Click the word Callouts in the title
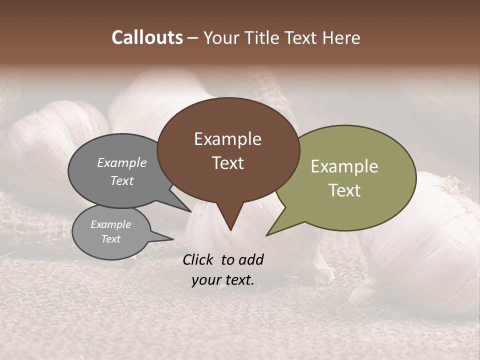[x=147, y=37]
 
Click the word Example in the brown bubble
[x=227, y=139]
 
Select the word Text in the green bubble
[x=344, y=190]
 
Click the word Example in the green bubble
[x=344, y=166]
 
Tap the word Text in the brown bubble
[x=227, y=163]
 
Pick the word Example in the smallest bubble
[x=110, y=224]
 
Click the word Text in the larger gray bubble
[x=121, y=180]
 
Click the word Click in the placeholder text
[x=199, y=259]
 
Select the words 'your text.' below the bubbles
[x=223, y=279]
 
